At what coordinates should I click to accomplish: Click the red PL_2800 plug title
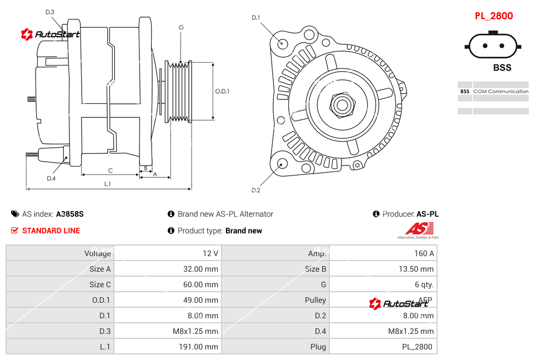[494, 16]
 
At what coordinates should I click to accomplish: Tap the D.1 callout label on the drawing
[255, 18]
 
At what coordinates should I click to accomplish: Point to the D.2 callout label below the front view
[255, 191]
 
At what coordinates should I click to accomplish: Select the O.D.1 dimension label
[223, 92]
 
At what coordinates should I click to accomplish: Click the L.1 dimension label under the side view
[108, 183]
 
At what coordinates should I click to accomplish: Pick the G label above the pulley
[181, 27]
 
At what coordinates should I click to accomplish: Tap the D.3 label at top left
[50, 12]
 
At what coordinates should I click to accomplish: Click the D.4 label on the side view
[51, 178]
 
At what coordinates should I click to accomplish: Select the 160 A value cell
[424, 253]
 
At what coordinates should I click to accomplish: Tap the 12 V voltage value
[210, 253]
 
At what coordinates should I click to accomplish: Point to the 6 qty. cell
[424, 284]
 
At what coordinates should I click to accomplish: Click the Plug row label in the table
[318, 347]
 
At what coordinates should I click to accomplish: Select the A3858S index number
[70, 214]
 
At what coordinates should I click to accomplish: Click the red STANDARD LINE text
[51, 231]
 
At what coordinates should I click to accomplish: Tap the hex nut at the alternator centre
[342, 104]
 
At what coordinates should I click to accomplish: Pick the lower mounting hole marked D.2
[282, 163]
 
